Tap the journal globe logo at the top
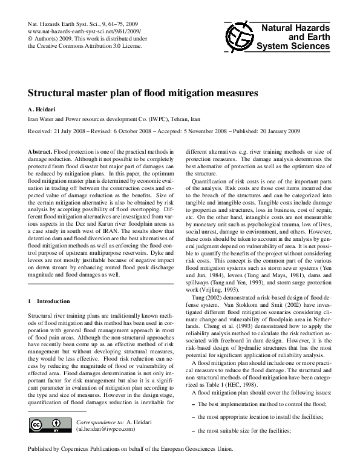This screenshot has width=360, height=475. coord(238,37)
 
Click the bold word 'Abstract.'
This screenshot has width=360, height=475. coord(41,149)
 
